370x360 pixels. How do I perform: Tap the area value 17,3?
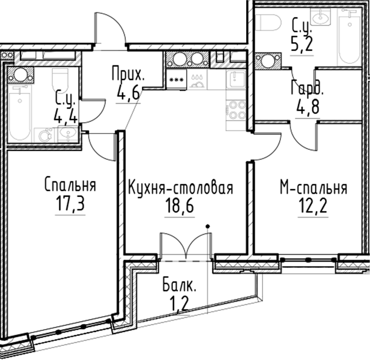tap(70, 204)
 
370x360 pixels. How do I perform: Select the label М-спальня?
tap(314, 188)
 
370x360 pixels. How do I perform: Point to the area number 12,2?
tap(313, 206)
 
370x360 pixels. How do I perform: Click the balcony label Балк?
tap(179, 285)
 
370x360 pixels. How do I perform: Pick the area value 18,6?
tap(179, 205)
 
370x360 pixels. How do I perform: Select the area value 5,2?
tap(302, 44)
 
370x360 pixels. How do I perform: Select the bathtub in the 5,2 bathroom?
tap(349, 37)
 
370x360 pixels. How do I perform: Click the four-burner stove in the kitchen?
tap(237, 110)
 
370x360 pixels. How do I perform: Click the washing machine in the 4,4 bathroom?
tap(44, 135)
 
